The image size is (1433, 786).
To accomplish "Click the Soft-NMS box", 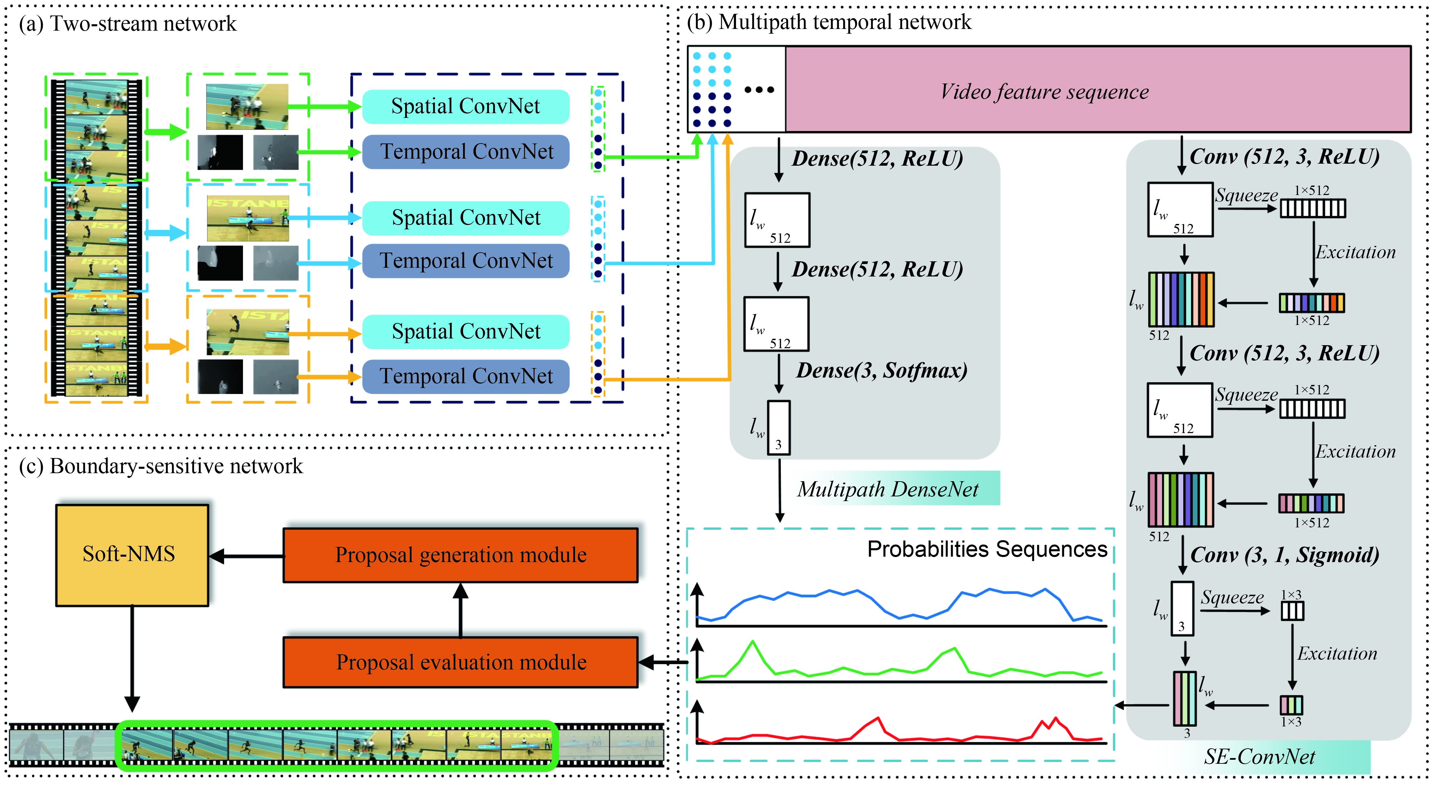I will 132,554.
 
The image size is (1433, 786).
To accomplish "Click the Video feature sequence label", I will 1044,92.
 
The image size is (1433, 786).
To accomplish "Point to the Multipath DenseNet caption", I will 887,489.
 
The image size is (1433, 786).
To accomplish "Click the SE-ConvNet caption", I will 1259,757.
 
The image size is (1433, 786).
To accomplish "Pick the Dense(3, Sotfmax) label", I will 881,370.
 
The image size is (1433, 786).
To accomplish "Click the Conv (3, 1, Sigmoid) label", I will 1284,555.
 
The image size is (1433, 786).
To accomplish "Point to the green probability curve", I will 753,643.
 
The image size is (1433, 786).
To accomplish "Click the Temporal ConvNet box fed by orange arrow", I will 466,376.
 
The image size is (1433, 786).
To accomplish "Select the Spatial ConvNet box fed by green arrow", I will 466,106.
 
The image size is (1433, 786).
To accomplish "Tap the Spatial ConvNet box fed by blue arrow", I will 466,218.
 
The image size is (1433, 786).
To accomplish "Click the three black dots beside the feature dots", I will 759,90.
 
